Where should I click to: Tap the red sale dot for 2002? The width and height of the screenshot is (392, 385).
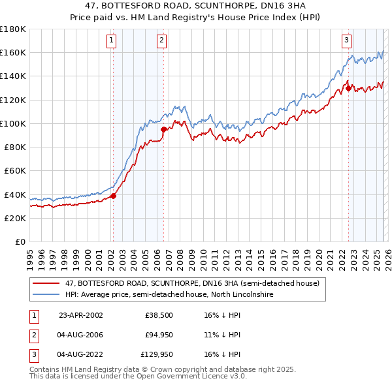coord(113,195)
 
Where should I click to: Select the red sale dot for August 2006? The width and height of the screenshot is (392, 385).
coord(163,129)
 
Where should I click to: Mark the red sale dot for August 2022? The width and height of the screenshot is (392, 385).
coord(348,87)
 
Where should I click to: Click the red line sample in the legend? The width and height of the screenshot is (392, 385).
coord(46,284)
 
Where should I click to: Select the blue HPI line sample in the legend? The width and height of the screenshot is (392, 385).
coord(46,295)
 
